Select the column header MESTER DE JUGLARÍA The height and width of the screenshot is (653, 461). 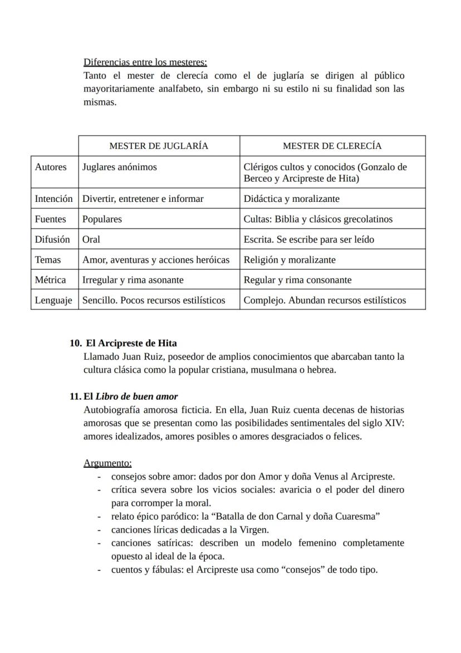159,146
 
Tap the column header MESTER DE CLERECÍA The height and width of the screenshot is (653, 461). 332,146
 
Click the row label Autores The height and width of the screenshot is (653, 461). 51,167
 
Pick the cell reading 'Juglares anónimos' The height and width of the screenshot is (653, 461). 120,167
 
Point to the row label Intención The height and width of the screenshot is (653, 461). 53,199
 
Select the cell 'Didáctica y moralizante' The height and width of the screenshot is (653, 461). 291,199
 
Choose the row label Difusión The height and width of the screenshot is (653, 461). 52,239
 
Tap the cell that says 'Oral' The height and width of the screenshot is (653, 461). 91,239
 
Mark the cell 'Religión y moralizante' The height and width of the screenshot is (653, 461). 290,260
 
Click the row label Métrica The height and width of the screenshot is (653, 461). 50,280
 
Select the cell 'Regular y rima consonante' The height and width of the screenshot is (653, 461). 297,280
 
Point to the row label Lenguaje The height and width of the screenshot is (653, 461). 53,300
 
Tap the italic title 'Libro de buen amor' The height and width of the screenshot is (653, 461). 137,396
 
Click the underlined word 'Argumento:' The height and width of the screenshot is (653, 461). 107,463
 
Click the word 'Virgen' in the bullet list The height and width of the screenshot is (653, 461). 253,530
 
